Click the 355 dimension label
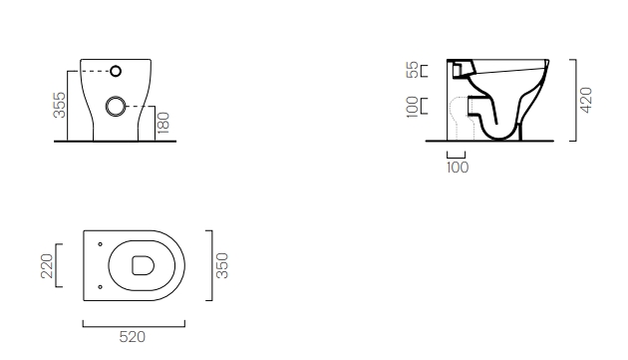point(59,105)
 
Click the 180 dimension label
point(163,123)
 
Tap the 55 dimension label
point(412,70)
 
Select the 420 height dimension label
point(586,101)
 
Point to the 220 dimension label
point(47,266)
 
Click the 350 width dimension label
point(222,265)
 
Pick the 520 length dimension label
point(133,337)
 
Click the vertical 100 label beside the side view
point(412,107)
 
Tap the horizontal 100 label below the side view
point(458,168)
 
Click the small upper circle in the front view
point(116,71)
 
